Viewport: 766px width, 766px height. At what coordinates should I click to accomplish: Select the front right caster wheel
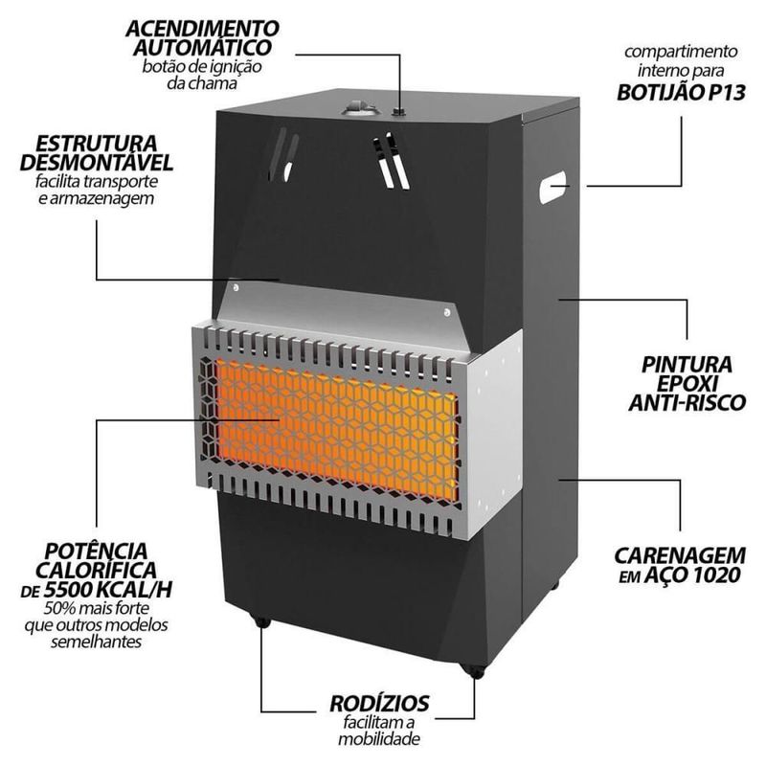(x=471, y=670)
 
